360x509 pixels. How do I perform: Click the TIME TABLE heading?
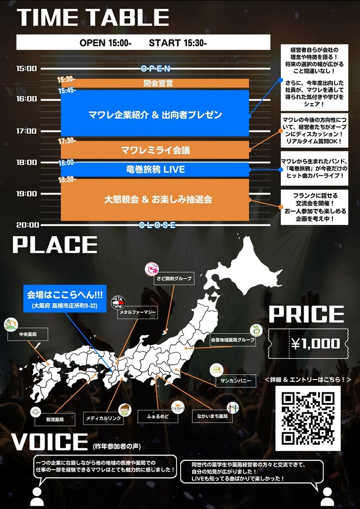[93, 18]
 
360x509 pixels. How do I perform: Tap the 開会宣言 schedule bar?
[155, 84]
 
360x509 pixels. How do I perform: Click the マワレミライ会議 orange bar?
[155, 150]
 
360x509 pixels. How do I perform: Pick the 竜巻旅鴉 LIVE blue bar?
[155, 170]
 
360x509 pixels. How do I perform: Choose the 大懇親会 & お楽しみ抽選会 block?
[155, 199]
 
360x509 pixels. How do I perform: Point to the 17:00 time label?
[26, 131]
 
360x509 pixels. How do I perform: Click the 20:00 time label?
[26, 225]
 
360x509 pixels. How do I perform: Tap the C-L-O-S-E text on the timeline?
[157, 225]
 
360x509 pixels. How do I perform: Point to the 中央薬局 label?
[28, 335]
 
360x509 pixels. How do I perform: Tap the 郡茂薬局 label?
[55, 419]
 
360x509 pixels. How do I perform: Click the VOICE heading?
[49, 442]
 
